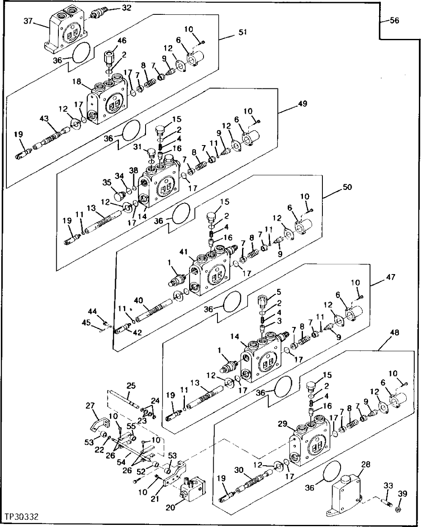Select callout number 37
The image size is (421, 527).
tap(28, 21)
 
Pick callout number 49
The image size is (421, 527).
tap(303, 103)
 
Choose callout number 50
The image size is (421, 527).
tap(347, 187)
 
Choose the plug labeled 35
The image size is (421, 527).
tap(122, 195)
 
